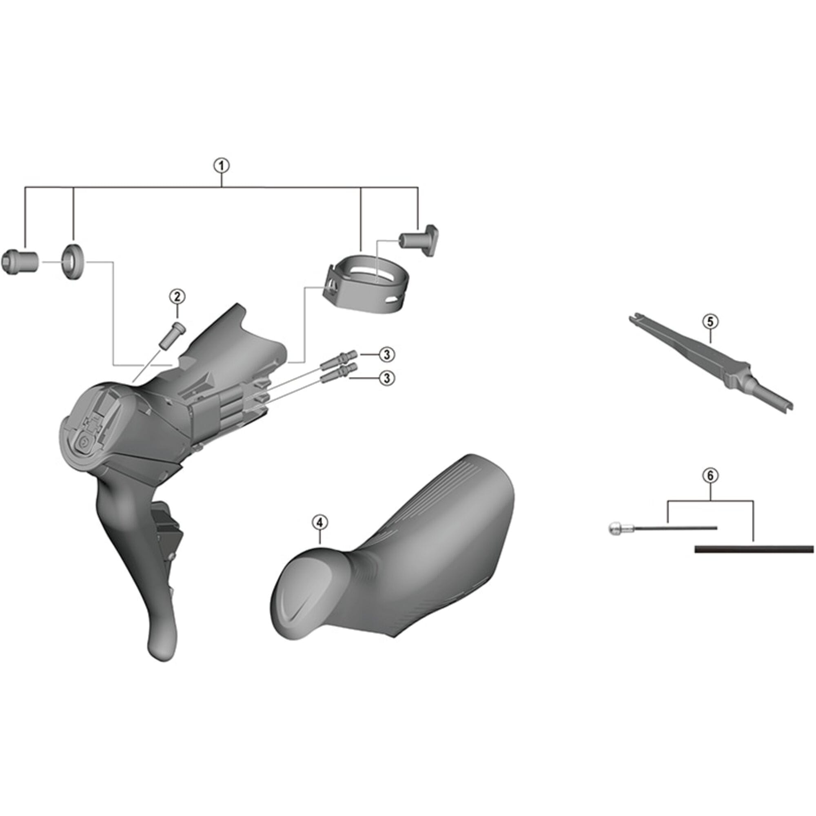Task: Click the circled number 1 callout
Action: tap(221, 166)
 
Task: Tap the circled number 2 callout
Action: tap(177, 297)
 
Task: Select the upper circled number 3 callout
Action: tap(387, 355)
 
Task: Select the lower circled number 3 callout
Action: tap(387, 378)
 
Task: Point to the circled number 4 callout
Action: tap(320, 523)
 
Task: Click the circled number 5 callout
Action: tap(710, 322)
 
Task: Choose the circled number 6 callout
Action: tap(710, 476)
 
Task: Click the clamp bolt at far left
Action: tap(20, 262)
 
